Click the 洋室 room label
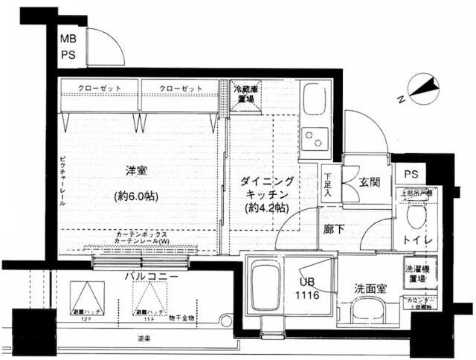136,172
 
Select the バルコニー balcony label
150,277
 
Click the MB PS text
67,46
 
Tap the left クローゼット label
100,89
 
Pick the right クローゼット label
181,89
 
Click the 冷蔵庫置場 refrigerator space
245,95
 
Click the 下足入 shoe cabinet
329,185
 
